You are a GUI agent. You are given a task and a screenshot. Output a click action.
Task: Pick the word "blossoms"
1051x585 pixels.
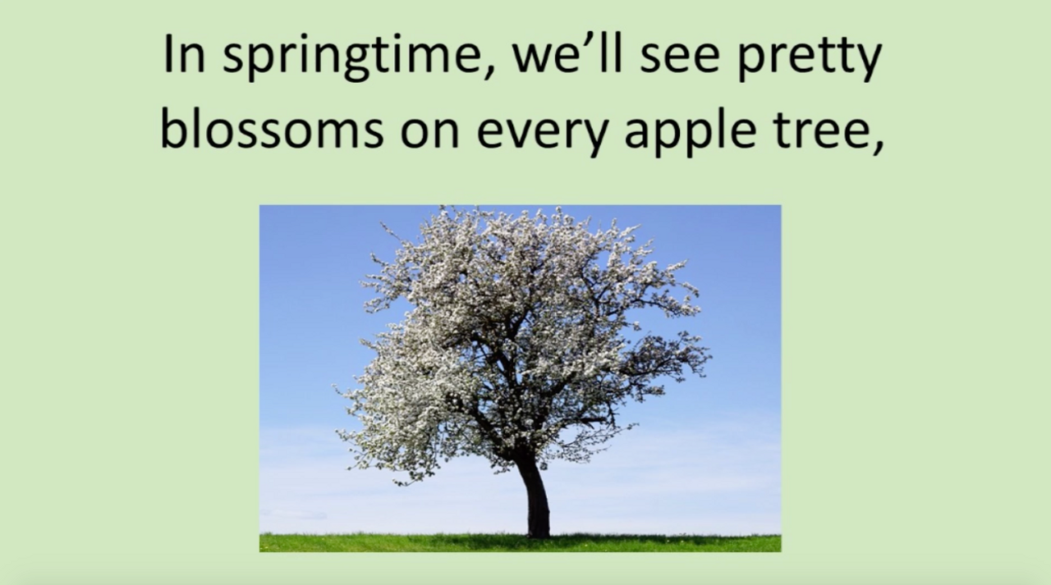pyautogui.click(x=272, y=129)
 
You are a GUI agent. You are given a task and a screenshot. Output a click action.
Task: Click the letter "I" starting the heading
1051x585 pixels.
pyautogui.click(x=168, y=55)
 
